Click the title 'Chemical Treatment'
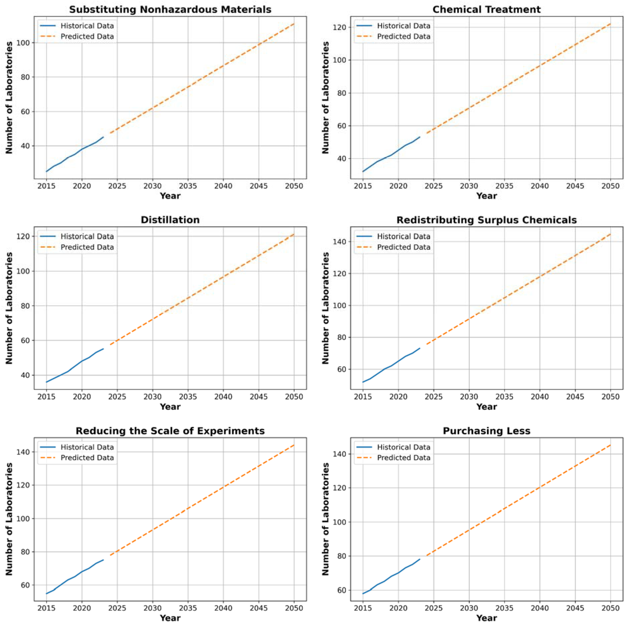(x=486, y=9)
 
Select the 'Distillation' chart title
(x=170, y=220)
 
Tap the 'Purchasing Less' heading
(x=486, y=431)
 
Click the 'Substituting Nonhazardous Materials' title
(x=170, y=9)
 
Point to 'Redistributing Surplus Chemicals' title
(x=486, y=220)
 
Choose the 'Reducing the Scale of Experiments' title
(x=170, y=431)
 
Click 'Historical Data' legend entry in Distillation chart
(x=87, y=236)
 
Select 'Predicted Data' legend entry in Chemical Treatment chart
(x=403, y=36)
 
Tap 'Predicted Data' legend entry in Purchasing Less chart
(x=403, y=458)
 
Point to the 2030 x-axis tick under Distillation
(x=152, y=397)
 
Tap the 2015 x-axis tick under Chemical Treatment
(x=363, y=186)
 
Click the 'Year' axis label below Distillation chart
(x=170, y=407)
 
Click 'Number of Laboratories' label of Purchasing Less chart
(x=325, y=519)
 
